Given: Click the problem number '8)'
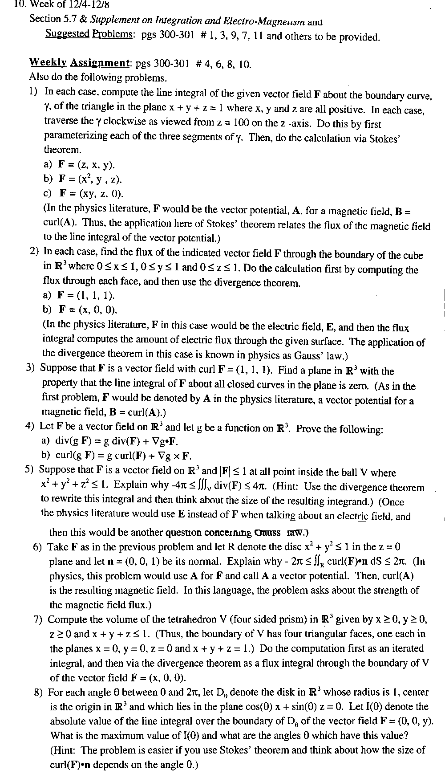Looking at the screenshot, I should click(38, 693).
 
